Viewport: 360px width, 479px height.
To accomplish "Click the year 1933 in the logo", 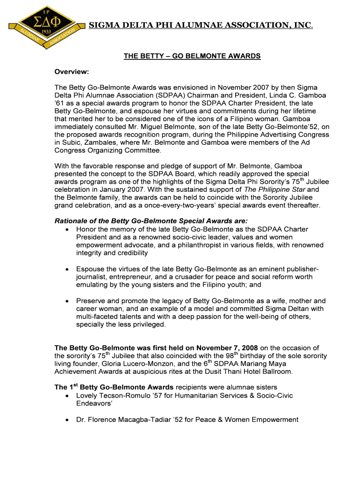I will [x=46, y=31].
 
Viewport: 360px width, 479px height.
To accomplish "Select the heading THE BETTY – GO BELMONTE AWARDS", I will [x=192, y=56].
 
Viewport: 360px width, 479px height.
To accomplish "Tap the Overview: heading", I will [x=72, y=72].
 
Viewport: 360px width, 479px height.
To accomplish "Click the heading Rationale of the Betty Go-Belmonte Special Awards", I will [x=151, y=221].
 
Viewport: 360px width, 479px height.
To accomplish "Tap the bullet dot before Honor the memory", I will [x=68, y=230].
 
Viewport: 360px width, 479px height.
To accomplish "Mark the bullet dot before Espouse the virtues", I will [x=68, y=269].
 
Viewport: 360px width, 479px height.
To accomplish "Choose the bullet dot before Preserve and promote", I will [x=68, y=301].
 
